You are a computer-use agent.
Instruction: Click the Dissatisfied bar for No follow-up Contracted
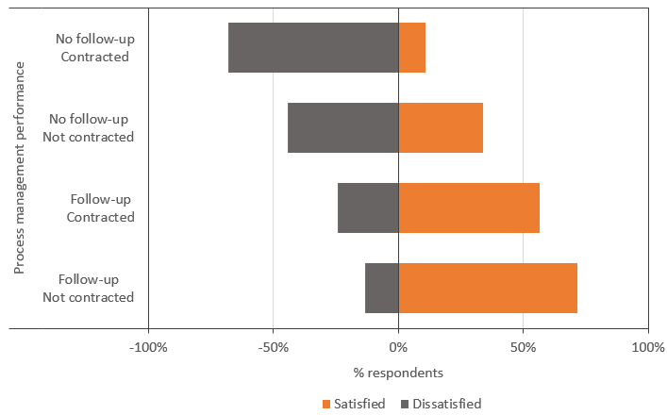tap(313, 48)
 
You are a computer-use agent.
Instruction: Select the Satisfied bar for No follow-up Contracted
tap(412, 48)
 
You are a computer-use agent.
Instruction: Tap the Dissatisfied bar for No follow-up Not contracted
tap(343, 128)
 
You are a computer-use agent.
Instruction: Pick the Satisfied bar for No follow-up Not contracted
tap(441, 128)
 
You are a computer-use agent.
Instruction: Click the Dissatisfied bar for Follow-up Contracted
tap(368, 208)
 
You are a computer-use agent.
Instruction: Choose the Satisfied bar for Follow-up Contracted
tap(469, 208)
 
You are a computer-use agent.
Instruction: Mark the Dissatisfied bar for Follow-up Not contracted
tap(382, 288)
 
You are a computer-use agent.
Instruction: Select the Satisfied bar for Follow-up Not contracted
tap(488, 288)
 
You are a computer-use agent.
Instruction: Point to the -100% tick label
tap(148, 347)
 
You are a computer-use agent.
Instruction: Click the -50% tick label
tap(274, 347)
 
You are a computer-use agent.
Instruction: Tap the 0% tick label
tap(398, 347)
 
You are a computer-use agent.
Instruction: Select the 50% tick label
tap(524, 347)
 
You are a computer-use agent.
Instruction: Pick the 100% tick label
tap(648, 347)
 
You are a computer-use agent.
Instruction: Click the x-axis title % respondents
tap(398, 373)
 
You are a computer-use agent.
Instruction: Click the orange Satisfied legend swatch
tap(326, 405)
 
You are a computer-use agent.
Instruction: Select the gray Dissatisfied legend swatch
tap(406, 405)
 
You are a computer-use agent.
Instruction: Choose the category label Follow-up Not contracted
tap(89, 289)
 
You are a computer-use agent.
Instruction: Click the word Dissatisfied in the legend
tap(448, 404)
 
